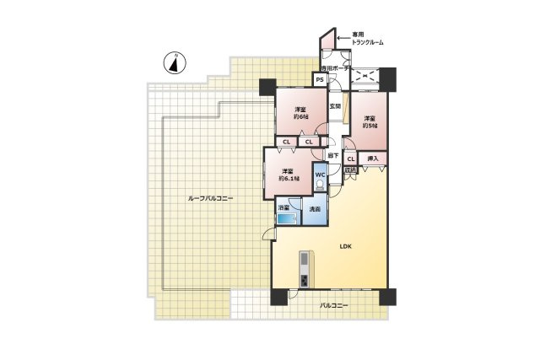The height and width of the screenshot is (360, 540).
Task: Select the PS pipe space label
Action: (321, 80)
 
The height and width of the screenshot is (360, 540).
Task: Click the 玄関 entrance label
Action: (335, 106)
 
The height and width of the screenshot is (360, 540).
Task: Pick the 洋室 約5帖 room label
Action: (370, 121)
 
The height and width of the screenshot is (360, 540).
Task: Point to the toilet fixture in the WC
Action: (320, 189)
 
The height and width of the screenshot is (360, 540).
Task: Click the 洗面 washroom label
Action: (314, 208)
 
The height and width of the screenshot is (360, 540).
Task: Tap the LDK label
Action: (344, 247)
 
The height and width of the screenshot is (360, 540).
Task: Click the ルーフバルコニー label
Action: (210, 198)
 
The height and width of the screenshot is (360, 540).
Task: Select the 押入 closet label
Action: (372, 158)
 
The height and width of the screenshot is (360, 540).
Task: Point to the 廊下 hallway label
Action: (332, 155)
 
